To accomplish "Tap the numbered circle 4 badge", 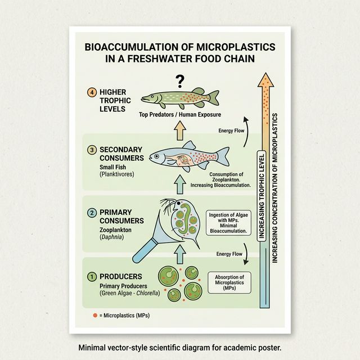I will [92, 92].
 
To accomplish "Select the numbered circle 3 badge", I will [92, 149].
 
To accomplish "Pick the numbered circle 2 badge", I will [92, 213].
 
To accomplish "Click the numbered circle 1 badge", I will [92, 276].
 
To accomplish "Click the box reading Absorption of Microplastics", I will [230, 281].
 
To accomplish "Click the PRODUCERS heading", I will [120, 276].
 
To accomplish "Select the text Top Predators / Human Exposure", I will [180, 115].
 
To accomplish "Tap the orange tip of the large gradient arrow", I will [266, 82].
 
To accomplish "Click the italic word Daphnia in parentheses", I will [112, 238].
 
